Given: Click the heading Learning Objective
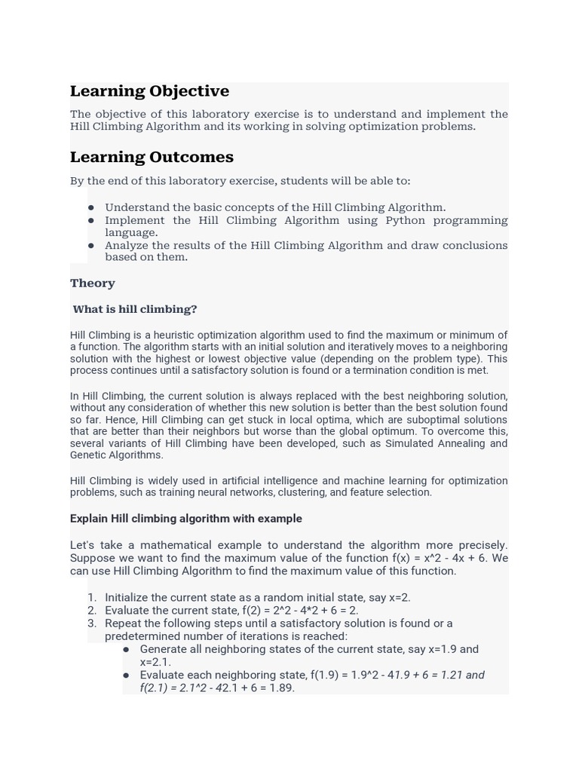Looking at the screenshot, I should click(x=149, y=91).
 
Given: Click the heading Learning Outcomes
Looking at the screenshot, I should click(x=152, y=157).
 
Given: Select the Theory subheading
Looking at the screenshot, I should click(x=93, y=283).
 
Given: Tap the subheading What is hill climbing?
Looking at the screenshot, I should click(x=135, y=309).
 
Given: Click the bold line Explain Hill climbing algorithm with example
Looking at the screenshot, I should click(x=186, y=519).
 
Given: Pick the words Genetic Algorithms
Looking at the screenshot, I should click(x=117, y=455).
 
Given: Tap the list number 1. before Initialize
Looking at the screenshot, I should click(x=92, y=598).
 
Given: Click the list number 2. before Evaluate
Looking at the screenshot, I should click(x=92, y=611).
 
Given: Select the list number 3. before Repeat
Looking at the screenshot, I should click(x=92, y=623).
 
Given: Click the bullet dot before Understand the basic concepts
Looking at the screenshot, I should click(x=91, y=207).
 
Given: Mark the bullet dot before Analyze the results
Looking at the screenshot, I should click(x=91, y=245).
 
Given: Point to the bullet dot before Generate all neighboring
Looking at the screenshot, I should click(x=126, y=649).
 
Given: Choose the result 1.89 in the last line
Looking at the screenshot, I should click(x=281, y=688).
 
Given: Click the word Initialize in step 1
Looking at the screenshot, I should click(x=129, y=598).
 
